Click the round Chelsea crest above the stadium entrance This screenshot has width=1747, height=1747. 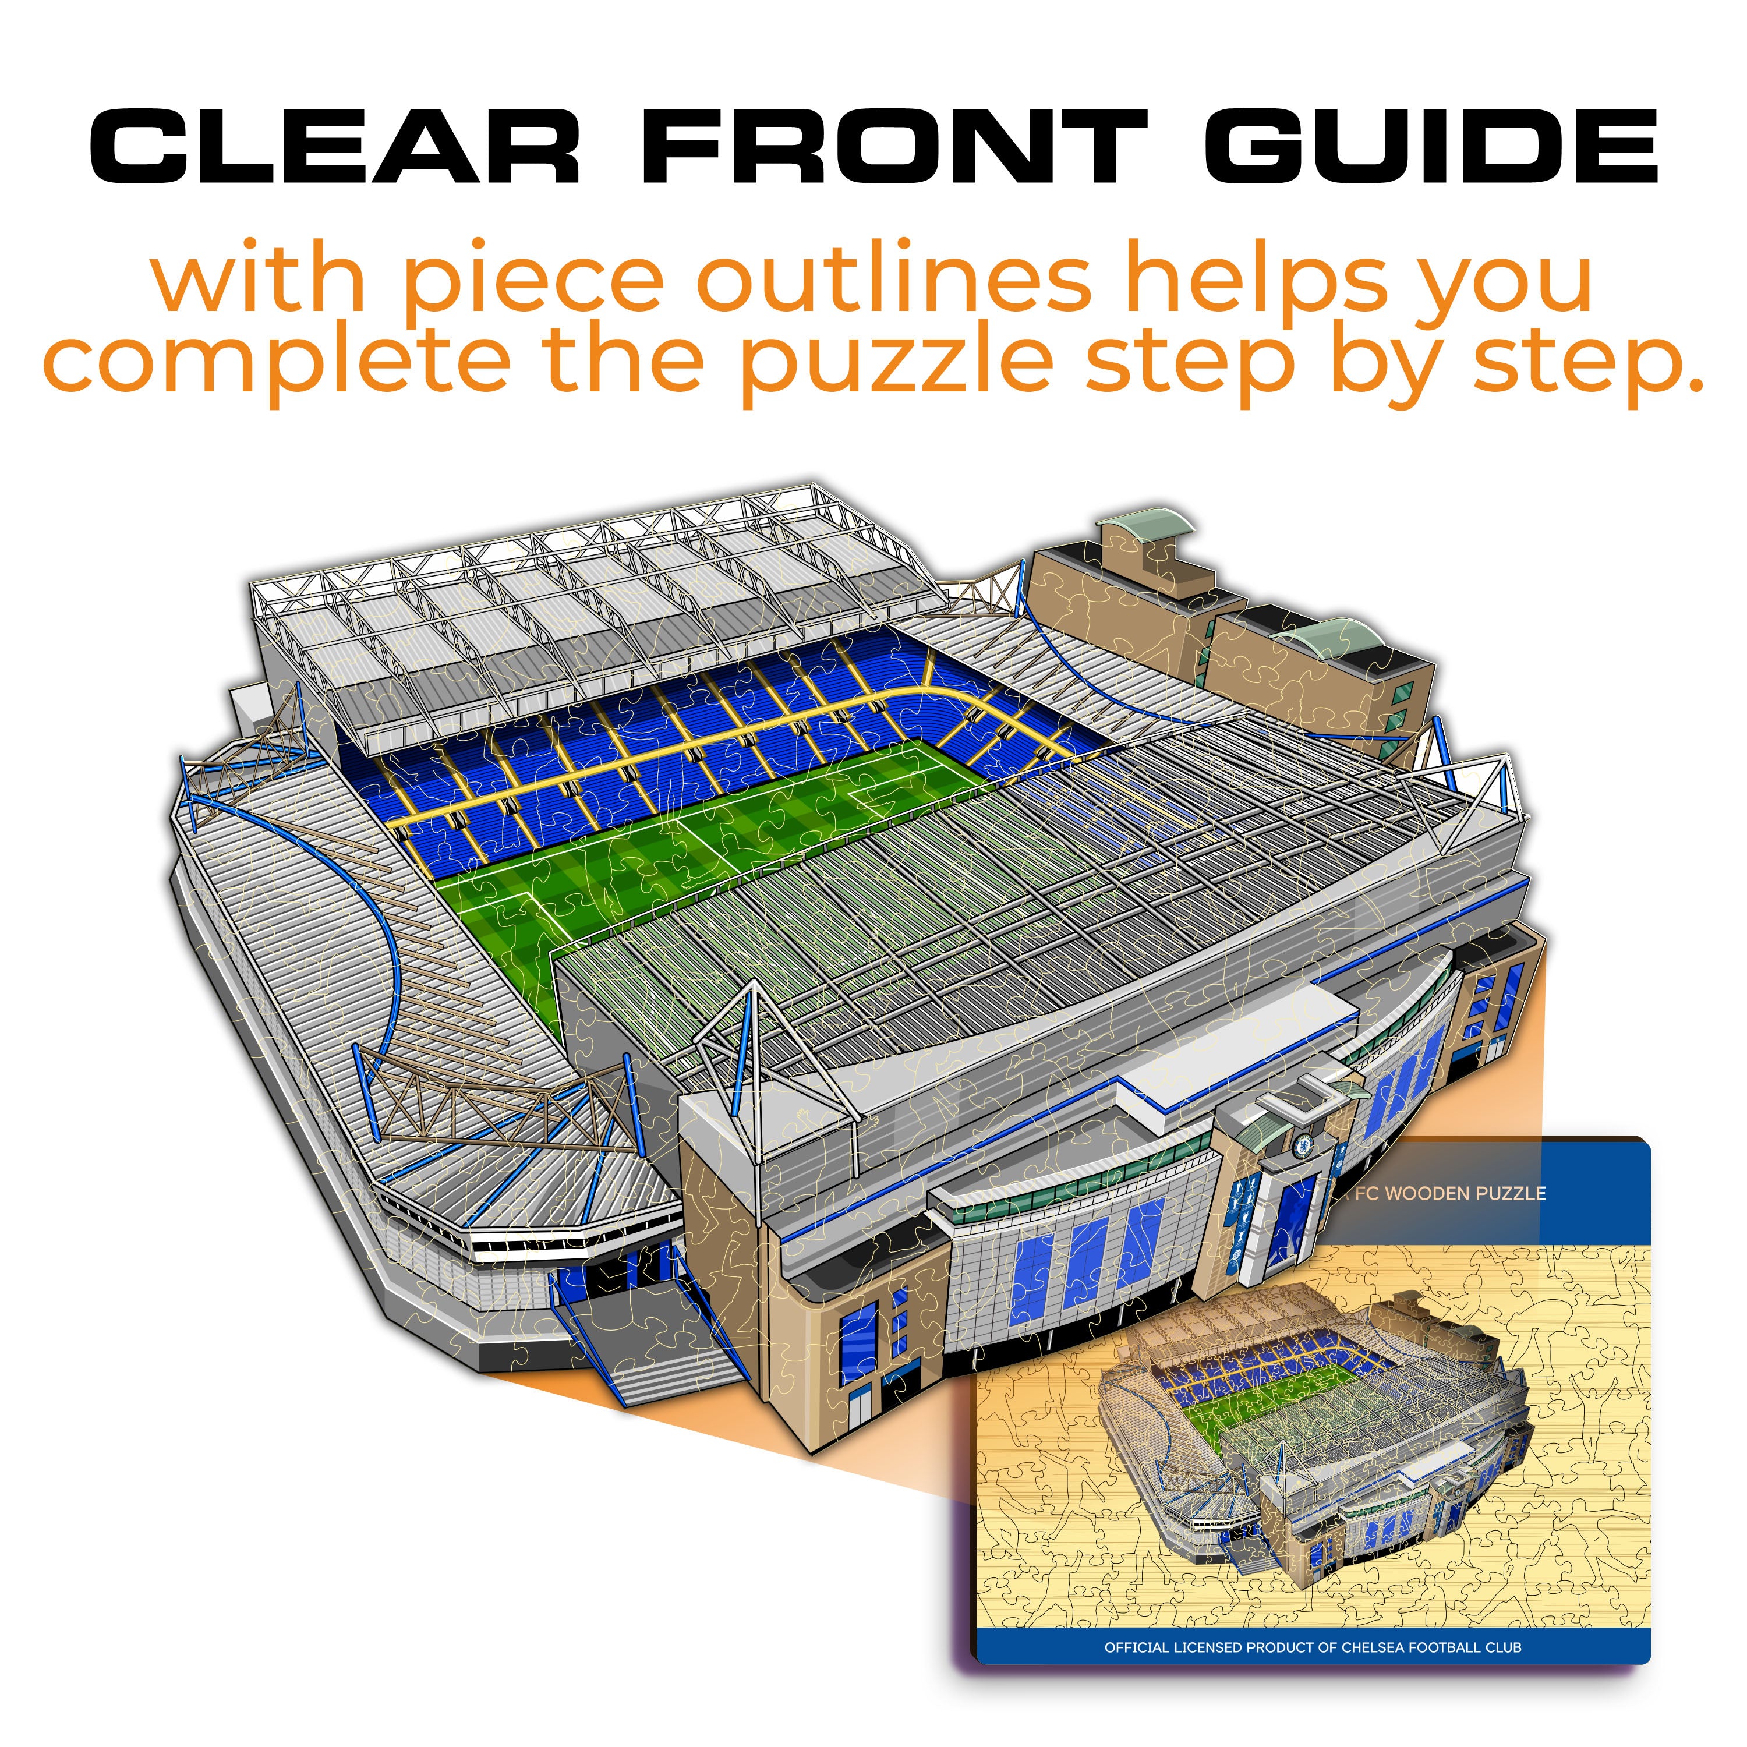1303,1145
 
